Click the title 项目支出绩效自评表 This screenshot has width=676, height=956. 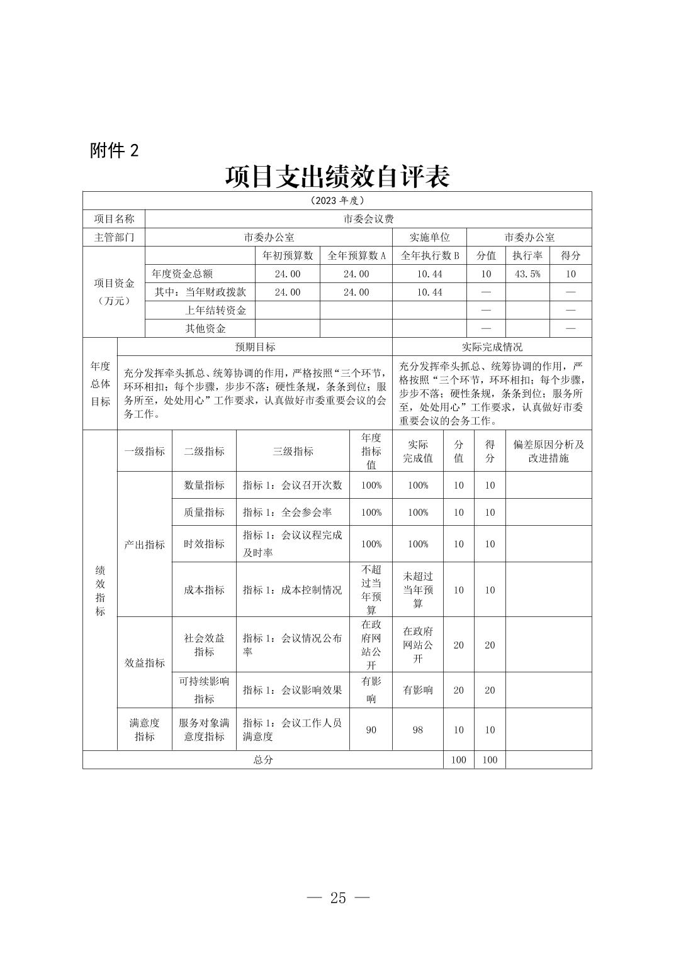[x=337, y=177]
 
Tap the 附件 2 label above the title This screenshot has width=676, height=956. [x=114, y=150]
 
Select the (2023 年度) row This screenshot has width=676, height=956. [x=337, y=201]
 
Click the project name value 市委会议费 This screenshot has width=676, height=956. [x=368, y=219]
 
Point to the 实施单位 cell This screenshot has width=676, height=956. [x=429, y=237]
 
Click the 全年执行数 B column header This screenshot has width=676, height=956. [x=429, y=255]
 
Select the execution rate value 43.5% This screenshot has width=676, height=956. [x=527, y=274]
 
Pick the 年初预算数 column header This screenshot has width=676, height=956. [x=288, y=255]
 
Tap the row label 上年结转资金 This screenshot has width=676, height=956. [x=215, y=310]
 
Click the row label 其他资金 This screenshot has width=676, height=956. [x=205, y=328]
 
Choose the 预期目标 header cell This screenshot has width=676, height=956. [x=255, y=347]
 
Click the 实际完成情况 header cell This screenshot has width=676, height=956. [x=492, y=347]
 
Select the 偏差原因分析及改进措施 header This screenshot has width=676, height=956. [x=548, y=451]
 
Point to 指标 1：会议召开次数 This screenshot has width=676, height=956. [x=293, y=485]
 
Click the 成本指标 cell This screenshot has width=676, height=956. [x=204, y=590]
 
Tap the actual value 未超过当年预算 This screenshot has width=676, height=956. [x=418, y=590]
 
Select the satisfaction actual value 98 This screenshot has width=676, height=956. [x=418, y=730]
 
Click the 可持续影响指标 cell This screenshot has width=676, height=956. [x=204, y=690]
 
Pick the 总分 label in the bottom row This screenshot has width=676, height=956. [x=263, y=760]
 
